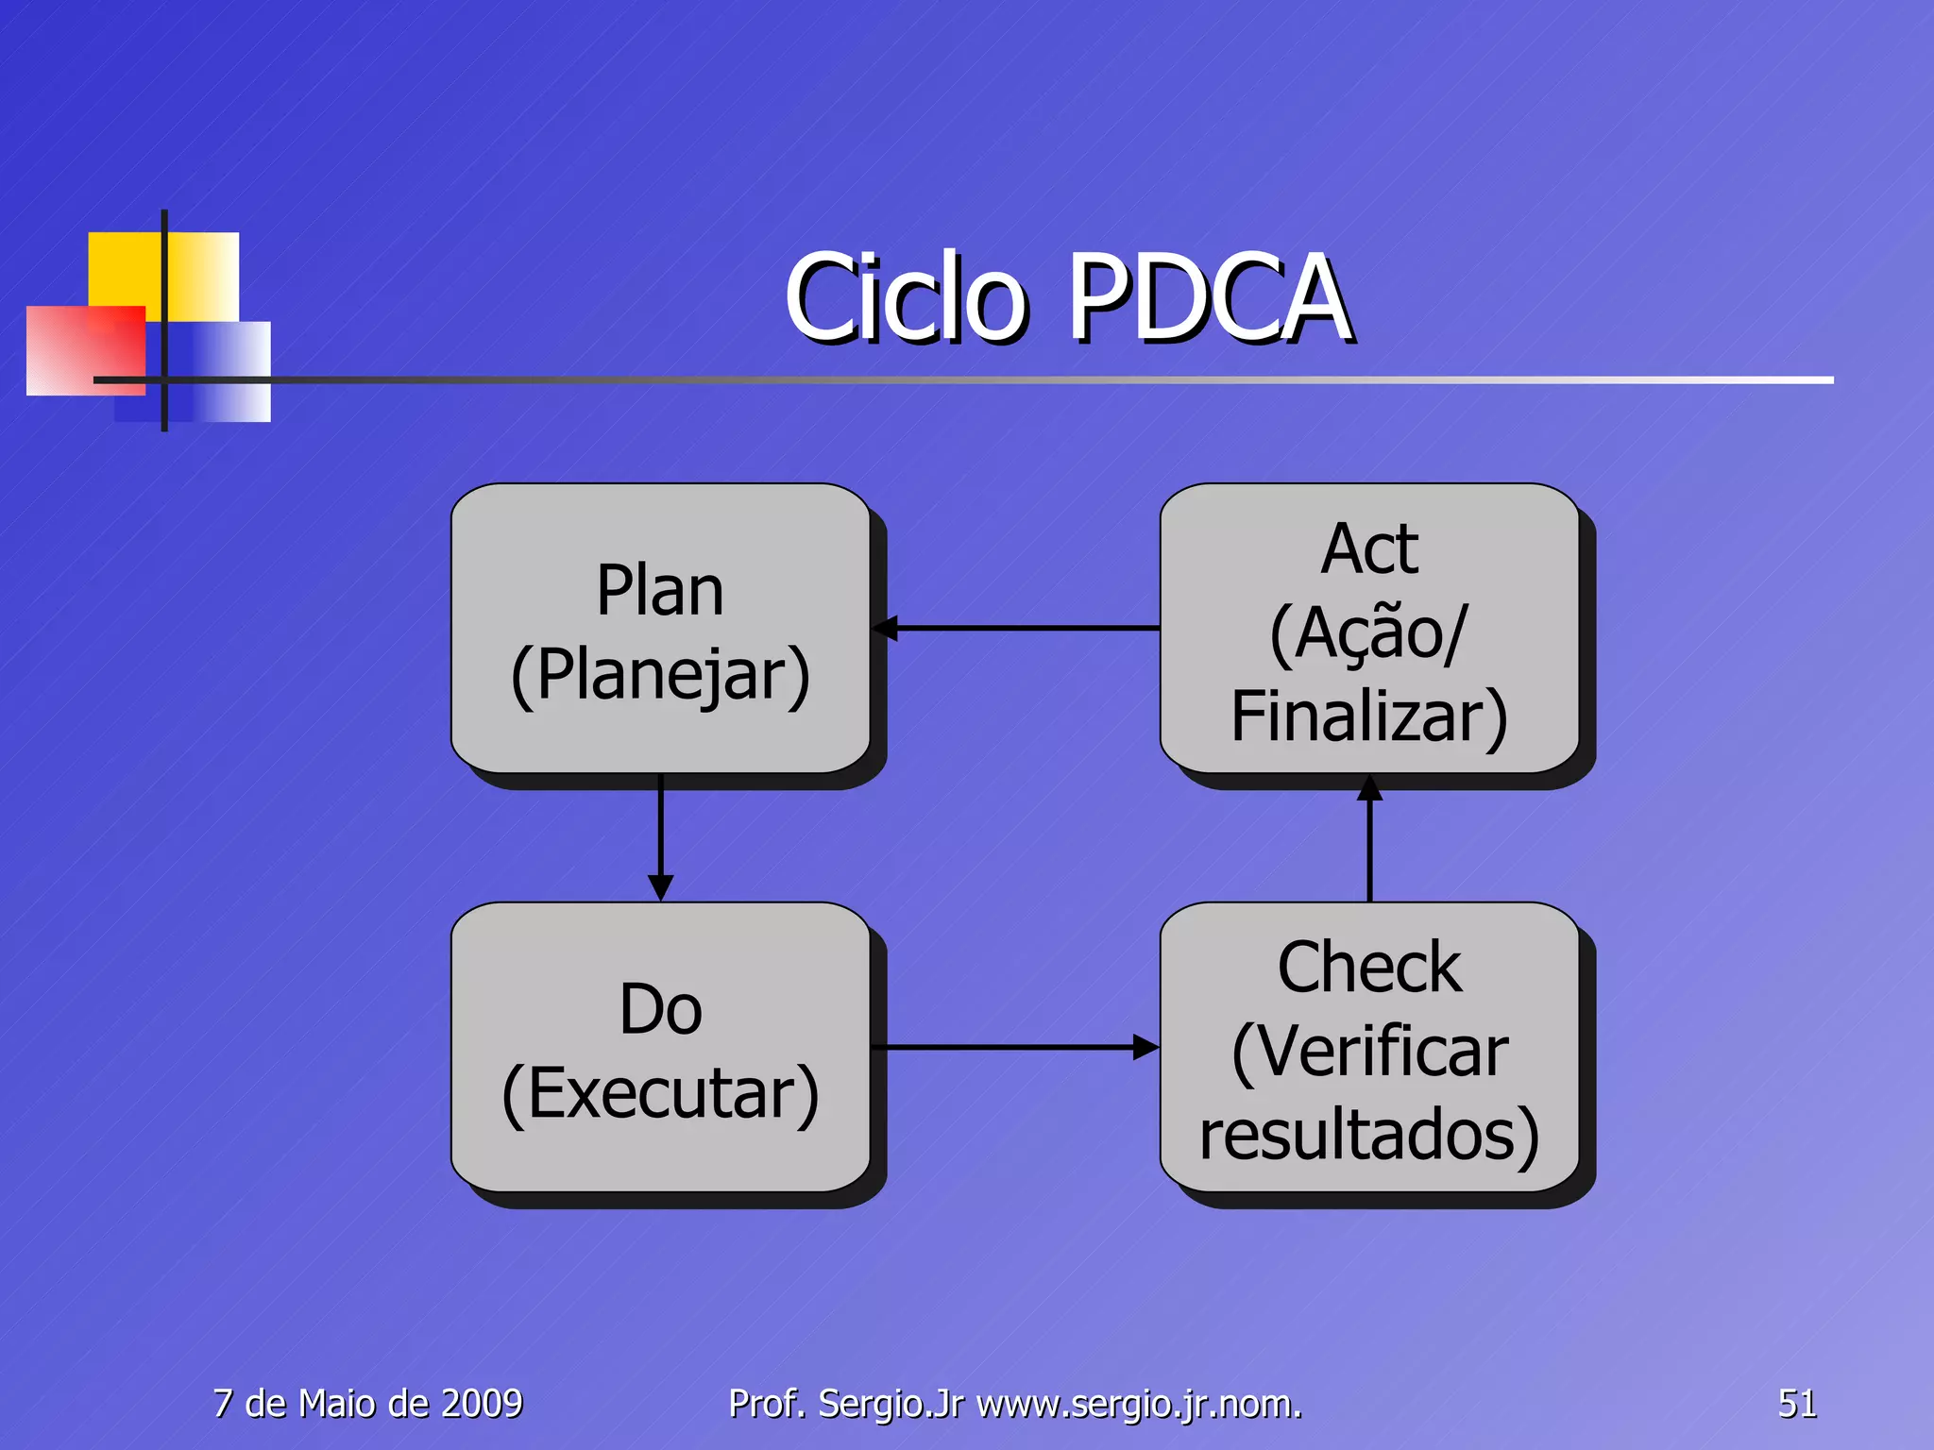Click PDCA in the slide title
point(1209,298)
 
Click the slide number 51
point(1796,1404)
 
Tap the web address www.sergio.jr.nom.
point(1139,1404)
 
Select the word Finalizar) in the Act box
point(1369,717)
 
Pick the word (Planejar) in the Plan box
point(660,674)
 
